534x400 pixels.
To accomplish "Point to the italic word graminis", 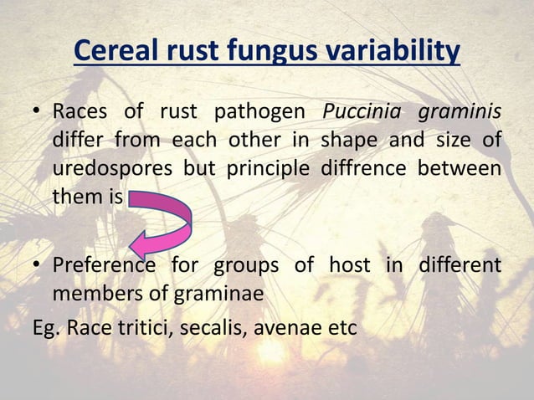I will tap(462, 110).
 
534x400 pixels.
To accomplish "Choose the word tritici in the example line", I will tap(143, 326).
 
